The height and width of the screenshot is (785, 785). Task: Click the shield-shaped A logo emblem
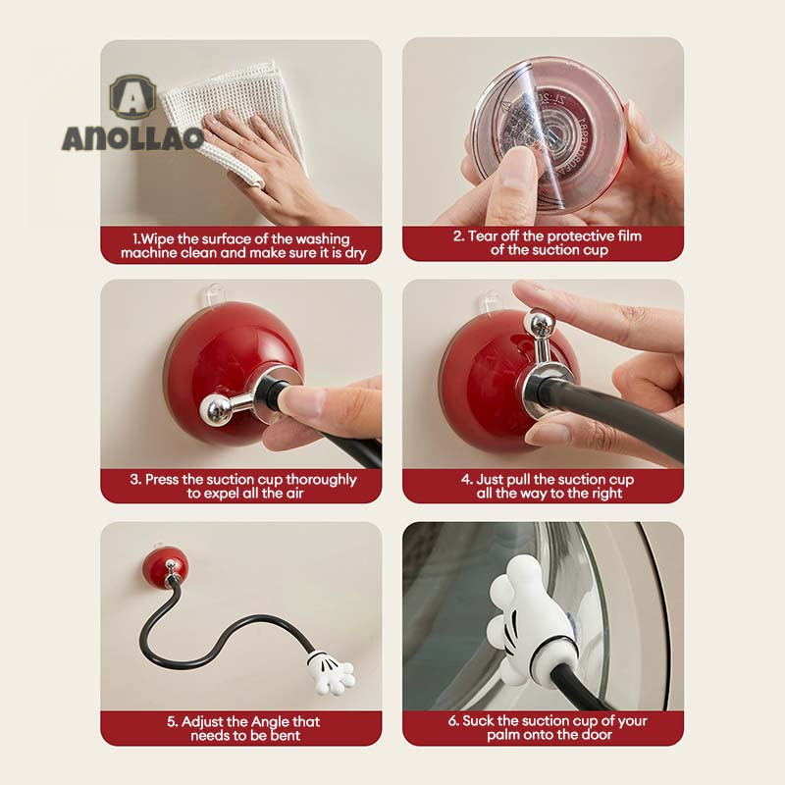(132, 97)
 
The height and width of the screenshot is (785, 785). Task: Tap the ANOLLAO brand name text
(133, 137)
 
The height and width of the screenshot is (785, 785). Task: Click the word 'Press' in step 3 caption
(162, 480)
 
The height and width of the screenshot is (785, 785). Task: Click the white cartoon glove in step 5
(331, 672)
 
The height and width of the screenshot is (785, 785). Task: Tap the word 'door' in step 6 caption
(597, 734)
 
